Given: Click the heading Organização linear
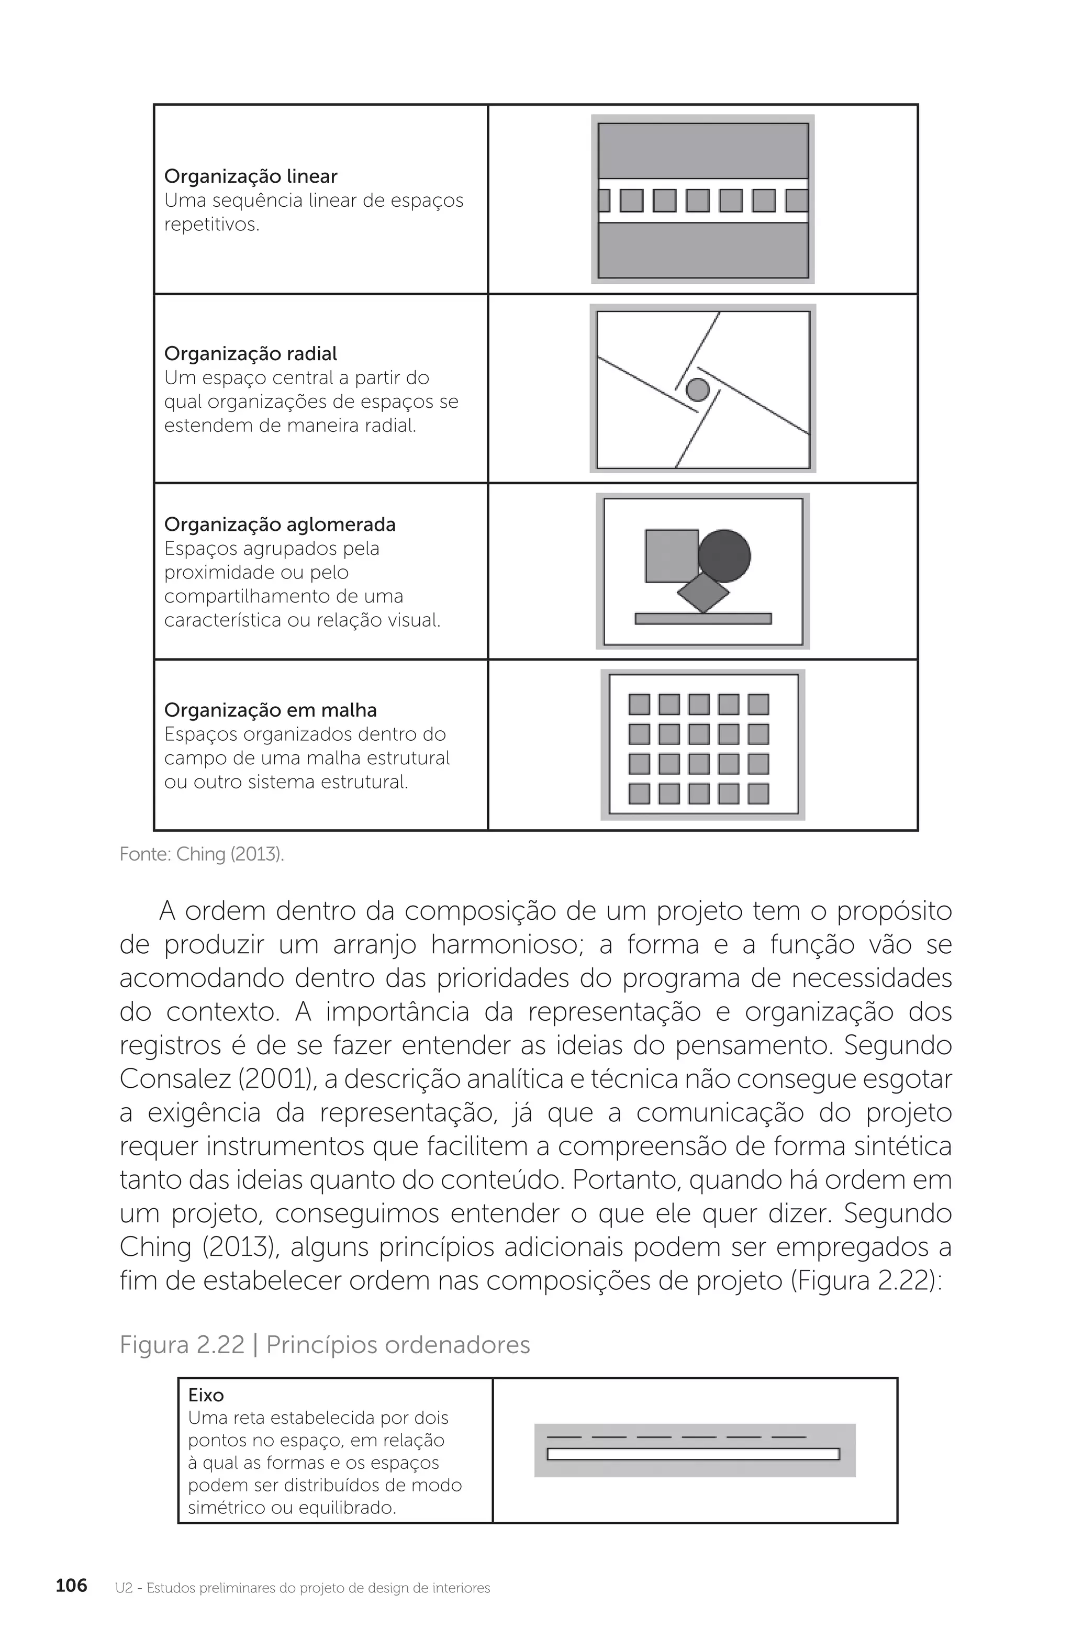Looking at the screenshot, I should [x=250, y=176].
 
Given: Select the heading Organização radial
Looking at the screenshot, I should [x=250, y=354].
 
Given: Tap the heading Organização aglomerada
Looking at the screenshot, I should [x=280, y=525].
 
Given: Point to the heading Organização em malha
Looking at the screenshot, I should [x=270, y=710].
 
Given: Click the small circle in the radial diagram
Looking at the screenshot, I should [x=697, y=390].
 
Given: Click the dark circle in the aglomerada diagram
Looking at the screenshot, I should [x=724, y=556].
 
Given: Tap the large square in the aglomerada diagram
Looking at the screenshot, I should [x=671, y=555].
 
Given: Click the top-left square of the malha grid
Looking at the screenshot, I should [x=639, y=705].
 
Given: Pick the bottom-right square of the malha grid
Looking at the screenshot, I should [x=758, y=794].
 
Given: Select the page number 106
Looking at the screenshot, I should [x=71, y=1585].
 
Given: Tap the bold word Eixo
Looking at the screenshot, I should [x=206, y=1396].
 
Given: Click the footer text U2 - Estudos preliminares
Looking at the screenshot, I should [x=303, y=1588].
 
